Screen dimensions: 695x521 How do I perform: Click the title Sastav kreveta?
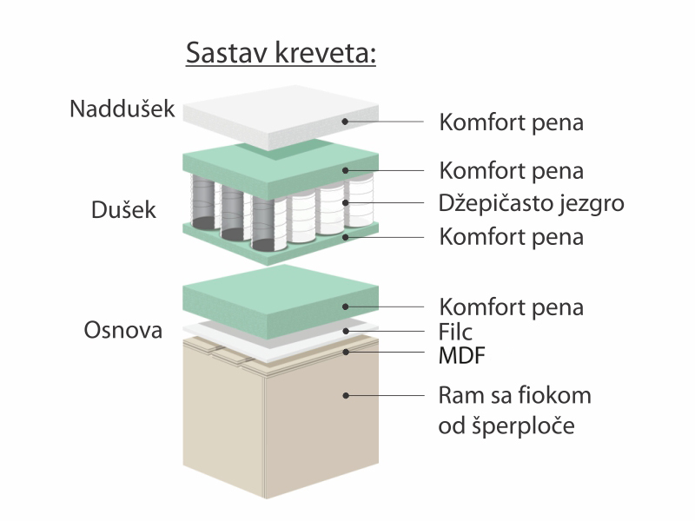click(x=281, y=53)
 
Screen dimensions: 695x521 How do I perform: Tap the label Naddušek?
click(x=122, y=109)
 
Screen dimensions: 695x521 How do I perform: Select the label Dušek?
click(x=123, y=210)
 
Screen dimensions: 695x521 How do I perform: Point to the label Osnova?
click(x=123, y=331)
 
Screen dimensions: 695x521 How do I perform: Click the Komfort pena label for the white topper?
click(x=511, y=122)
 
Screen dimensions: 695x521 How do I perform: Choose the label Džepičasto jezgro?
click(x=532, y=204)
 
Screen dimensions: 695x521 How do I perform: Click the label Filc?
click(x=455, y=332)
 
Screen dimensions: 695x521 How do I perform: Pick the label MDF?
click(x=462, y=356)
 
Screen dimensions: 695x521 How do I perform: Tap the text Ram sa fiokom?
click(x=514, y=395)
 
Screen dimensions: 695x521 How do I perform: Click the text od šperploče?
click(x=506, y=425)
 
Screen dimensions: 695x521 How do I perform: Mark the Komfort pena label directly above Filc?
click(x=511, y=307)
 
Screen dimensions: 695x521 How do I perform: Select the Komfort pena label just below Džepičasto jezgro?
click(x=511, y=237)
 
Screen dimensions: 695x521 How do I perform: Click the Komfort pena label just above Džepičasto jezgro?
click(x=511, y=171)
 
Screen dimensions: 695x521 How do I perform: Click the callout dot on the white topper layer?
click(x=345, y=122)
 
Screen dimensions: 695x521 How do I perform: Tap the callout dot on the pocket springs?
click(x=345, y=203)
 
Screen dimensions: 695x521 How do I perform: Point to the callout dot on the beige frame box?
click(x=345, y=395)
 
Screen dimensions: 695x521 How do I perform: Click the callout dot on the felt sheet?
click(x=345, y=331)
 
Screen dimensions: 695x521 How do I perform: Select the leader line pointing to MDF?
click(x=385, y=353)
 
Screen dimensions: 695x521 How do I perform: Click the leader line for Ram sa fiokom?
click(x=385, y=395)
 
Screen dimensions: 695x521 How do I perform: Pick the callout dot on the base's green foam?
click(x=345, y=307)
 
